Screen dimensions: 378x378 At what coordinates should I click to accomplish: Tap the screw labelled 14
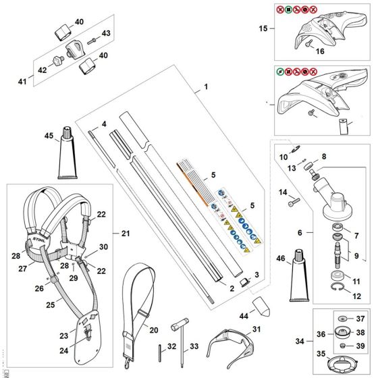pos(294,201)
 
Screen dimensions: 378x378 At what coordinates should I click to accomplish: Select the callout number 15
pos(264,28)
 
